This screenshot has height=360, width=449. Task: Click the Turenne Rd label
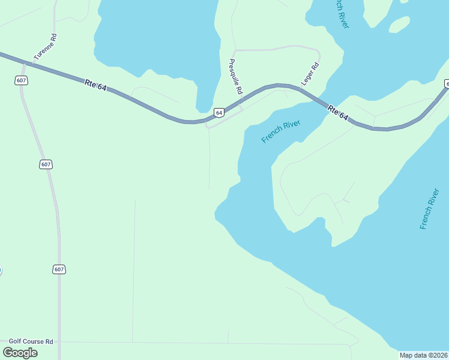click(46, 46)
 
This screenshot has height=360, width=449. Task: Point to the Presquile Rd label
click(235, 76)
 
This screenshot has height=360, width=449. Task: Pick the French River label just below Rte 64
click(280, 131)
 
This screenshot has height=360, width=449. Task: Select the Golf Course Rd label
click(28, 341)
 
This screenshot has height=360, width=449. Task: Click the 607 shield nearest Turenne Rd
click(22, 80)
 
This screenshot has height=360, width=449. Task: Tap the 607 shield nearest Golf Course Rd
click(58, 269)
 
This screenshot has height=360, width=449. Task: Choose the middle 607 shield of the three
click(46, 164)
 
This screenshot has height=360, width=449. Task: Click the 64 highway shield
click(219, 112)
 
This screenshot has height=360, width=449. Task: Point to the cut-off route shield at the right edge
click(447, 84)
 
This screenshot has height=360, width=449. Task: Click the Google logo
click(20, 353)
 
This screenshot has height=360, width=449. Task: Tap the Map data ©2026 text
click(424, 355)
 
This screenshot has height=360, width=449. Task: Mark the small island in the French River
click(399, 24)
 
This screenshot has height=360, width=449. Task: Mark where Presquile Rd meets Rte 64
click(241, 102)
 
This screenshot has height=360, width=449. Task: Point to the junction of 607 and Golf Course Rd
click(59, 342)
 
